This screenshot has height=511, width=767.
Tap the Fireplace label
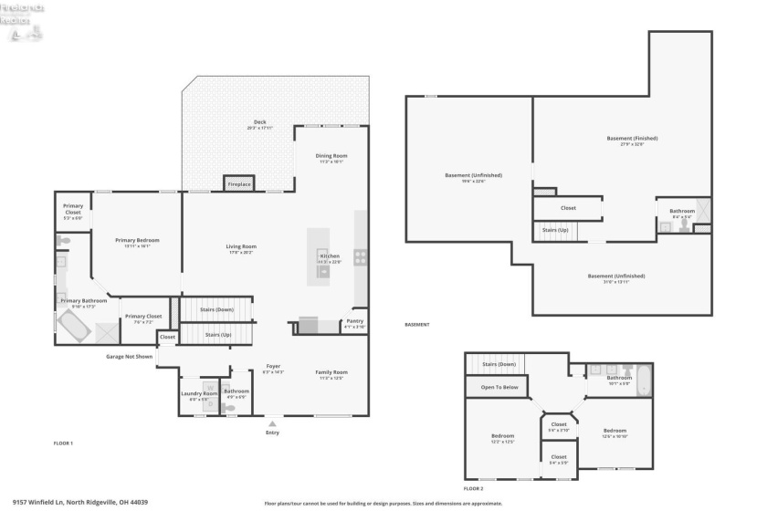pyautogui.click(x=239, y=185)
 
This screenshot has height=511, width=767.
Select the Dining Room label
pyautogui.click(x=331, y=156)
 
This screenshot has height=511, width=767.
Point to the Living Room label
pyautogui.click(x=241, y=246)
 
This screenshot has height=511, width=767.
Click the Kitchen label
pyautogui.click(x=330, y=256)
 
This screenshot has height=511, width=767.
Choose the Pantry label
pyautogui.click(x=354, y=321)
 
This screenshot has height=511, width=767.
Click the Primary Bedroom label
pyautogui.click(x=131, y=240)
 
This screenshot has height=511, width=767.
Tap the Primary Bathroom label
pyautogui.click(x=83, y=301)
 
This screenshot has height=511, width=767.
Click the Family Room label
pyautogui.click(x=331, y=372)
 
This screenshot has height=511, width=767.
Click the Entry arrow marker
pyautogui.click(x=272, y=423)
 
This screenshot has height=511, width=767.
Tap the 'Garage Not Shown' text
pyautogui.click(x=129, y=357)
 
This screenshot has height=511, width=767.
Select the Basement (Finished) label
pyautogui.click(x=632, y=139)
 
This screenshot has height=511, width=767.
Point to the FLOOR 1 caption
pyautogui.click(x=63, y=443)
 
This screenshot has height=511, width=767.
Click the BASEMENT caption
pyautogui.click(x=416, y=324)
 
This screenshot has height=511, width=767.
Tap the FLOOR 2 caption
pyautogui.click(x=473, y=489)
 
